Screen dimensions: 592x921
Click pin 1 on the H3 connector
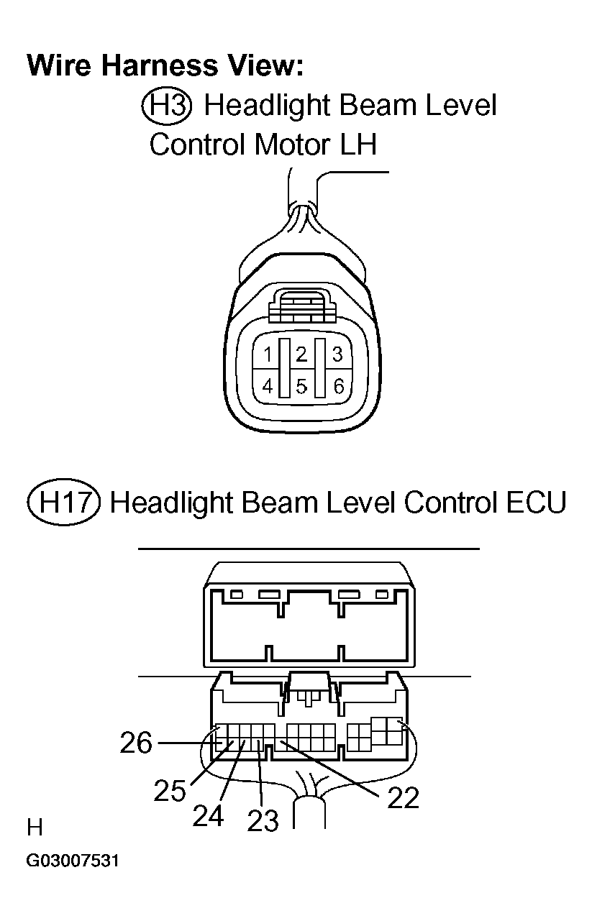[268, 354]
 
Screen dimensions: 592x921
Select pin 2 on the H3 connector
[301, 354]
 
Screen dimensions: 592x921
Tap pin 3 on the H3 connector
[337, 354]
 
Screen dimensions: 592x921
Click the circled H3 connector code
[167, 106]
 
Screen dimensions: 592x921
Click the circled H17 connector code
[64, 502]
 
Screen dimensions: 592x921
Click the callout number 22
[403, 797]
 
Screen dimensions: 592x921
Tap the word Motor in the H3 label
[292, 145]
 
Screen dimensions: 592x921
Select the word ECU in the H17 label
[536, 502]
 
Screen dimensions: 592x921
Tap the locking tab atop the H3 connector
[301, 307]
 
